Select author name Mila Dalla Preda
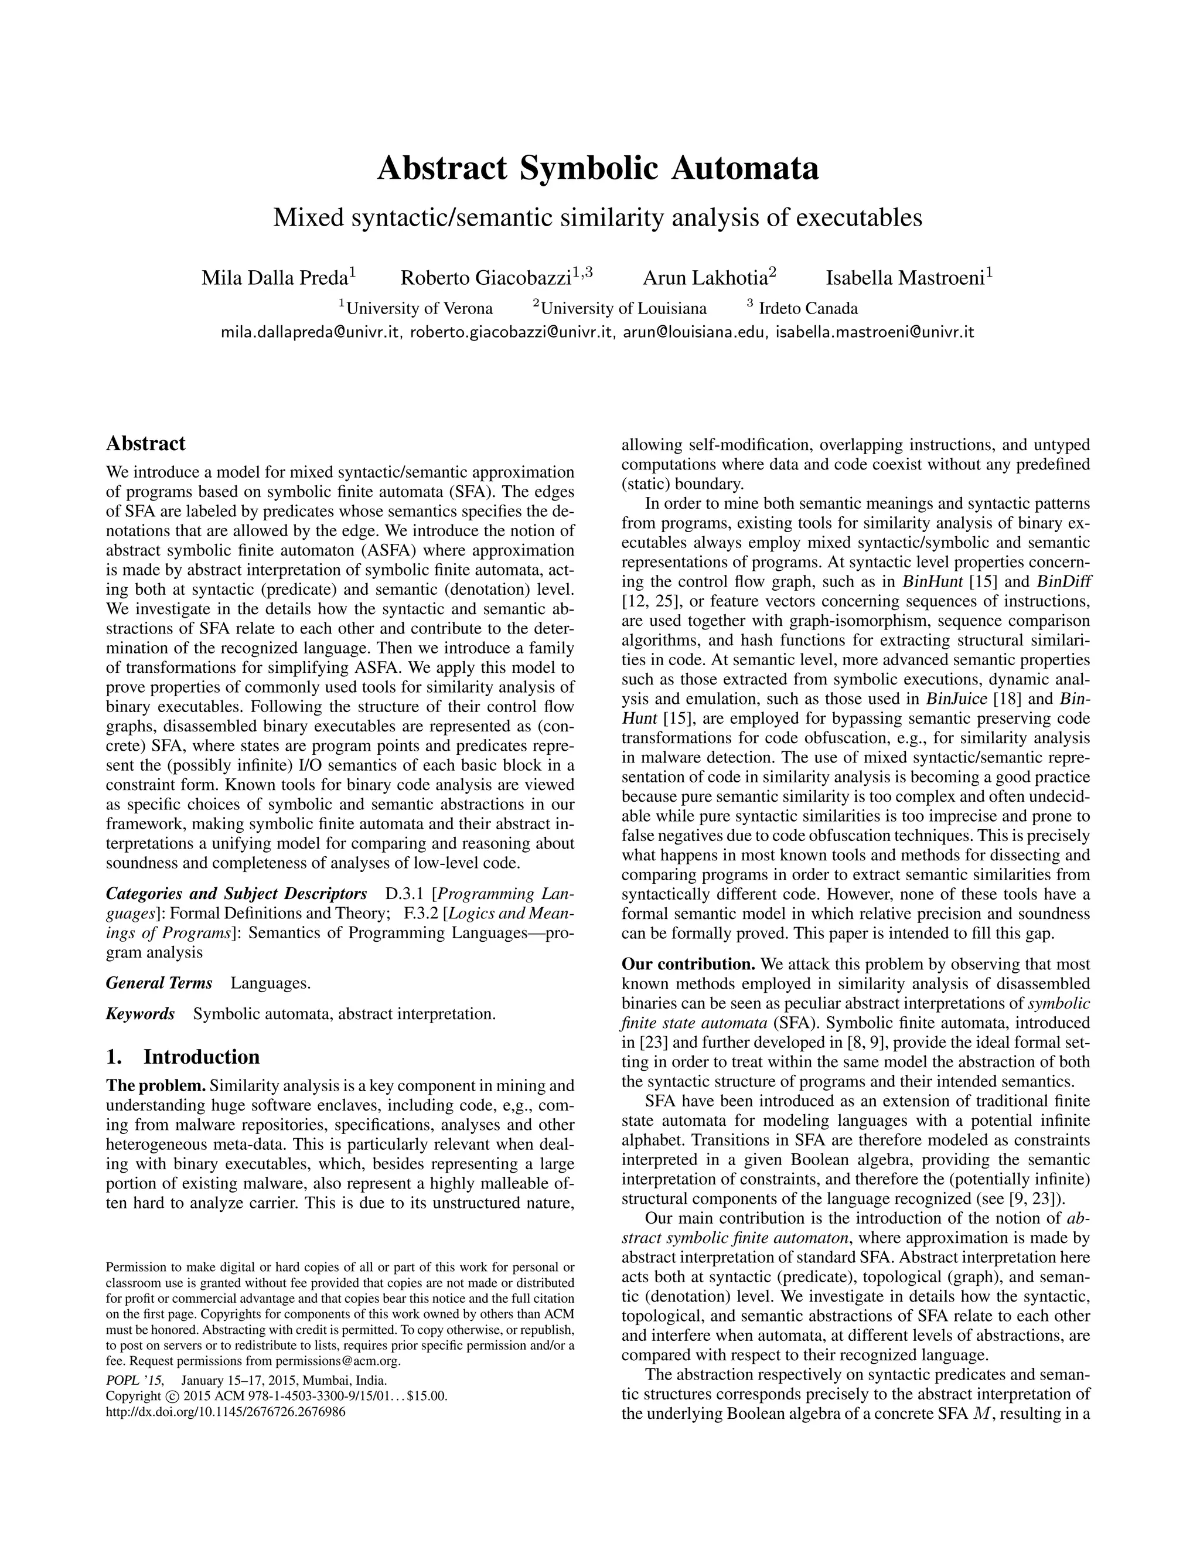pyautogui.click(x=274, y=278)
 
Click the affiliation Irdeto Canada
pyautogui.click(x=807, y=309)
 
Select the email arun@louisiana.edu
pyautogui.click(x=694, y=332)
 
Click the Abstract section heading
pyautogui.click(x=146, y=444)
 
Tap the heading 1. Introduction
pyautogui.click(x=183, y=1057)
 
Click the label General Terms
pyautogui.click(x=159, y=983)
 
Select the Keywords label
pyautogui.click(x=140, y=1013)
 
